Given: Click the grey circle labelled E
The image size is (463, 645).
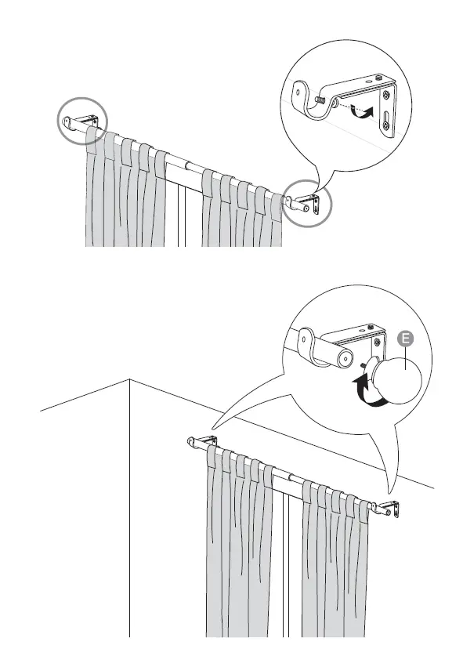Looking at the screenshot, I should coord(404,339).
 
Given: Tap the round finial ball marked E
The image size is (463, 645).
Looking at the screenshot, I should coord(398,380).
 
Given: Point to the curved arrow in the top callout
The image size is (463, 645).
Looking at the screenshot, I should coord(360,112).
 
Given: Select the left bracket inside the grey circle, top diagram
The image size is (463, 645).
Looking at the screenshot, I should coord(81,121).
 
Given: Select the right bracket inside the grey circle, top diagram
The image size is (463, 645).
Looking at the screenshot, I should coord(306,204).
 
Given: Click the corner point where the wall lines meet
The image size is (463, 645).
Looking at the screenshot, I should coord(129,379).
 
